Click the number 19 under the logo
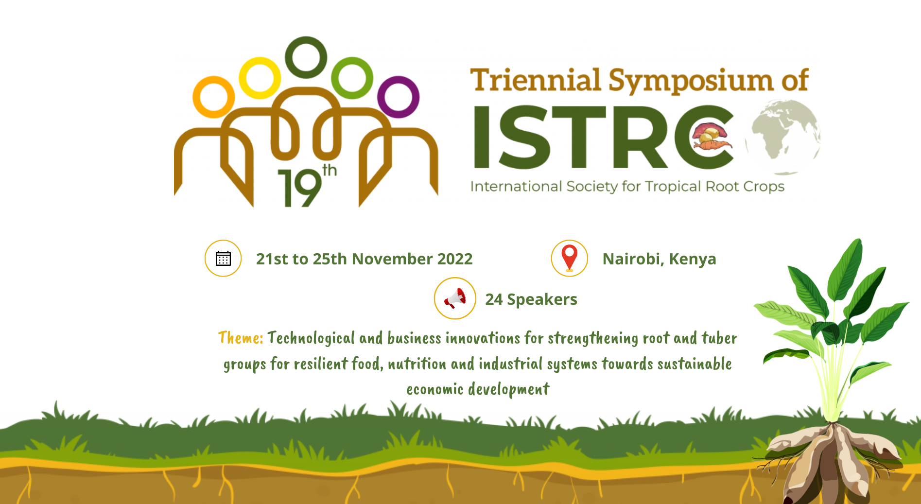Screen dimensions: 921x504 click(300, 189)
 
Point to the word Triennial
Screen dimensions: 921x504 click(536, 80)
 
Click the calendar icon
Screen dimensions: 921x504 click(223, 259)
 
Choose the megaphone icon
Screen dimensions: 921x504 click(455, 298)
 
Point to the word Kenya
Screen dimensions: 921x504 click(693, 260)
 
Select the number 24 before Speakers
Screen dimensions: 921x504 click(494, 299)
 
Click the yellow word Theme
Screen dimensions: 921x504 click(241, 337)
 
